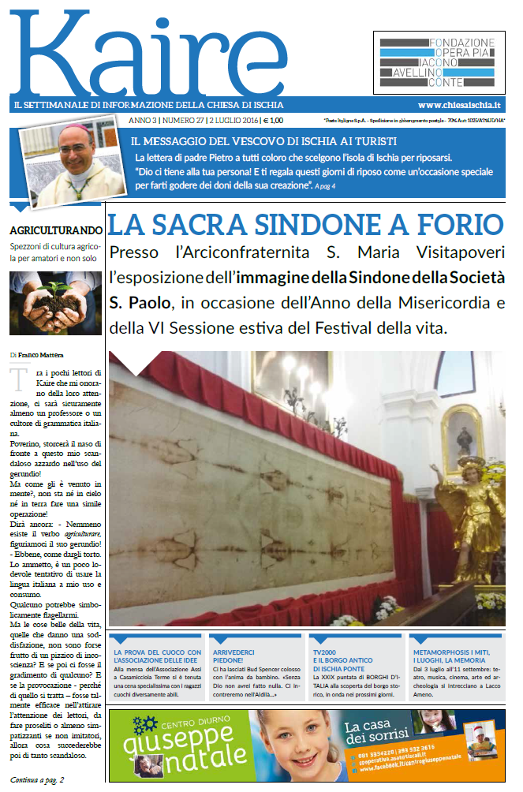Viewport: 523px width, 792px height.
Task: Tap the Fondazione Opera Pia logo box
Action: point(439,62)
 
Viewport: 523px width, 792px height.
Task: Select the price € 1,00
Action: point(273,121)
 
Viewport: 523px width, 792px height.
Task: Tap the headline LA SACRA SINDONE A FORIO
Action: point(304,223)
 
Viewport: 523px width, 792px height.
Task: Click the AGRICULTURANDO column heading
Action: point(55,230)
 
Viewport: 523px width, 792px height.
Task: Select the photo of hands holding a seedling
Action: point(55,303)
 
